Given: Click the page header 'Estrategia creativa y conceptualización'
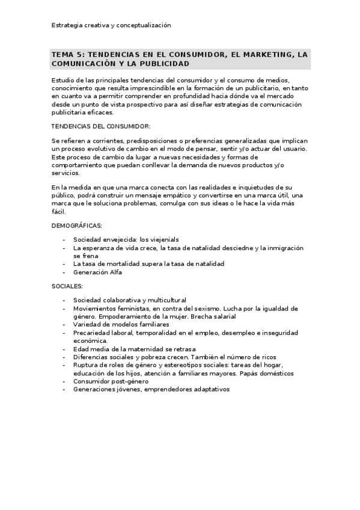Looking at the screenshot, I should [x=111, y=25].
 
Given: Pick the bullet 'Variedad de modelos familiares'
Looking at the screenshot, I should [x=121, y=324].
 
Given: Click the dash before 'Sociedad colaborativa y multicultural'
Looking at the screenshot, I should [x=64, y=300].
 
